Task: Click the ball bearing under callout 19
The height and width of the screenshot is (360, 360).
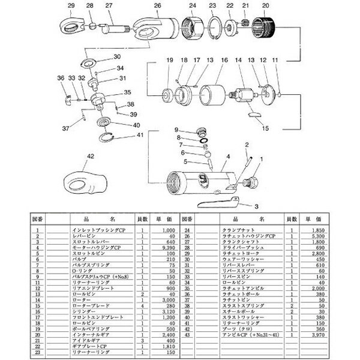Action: tap(167, 95)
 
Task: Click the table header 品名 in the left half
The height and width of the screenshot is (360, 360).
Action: tap(91, 220)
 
